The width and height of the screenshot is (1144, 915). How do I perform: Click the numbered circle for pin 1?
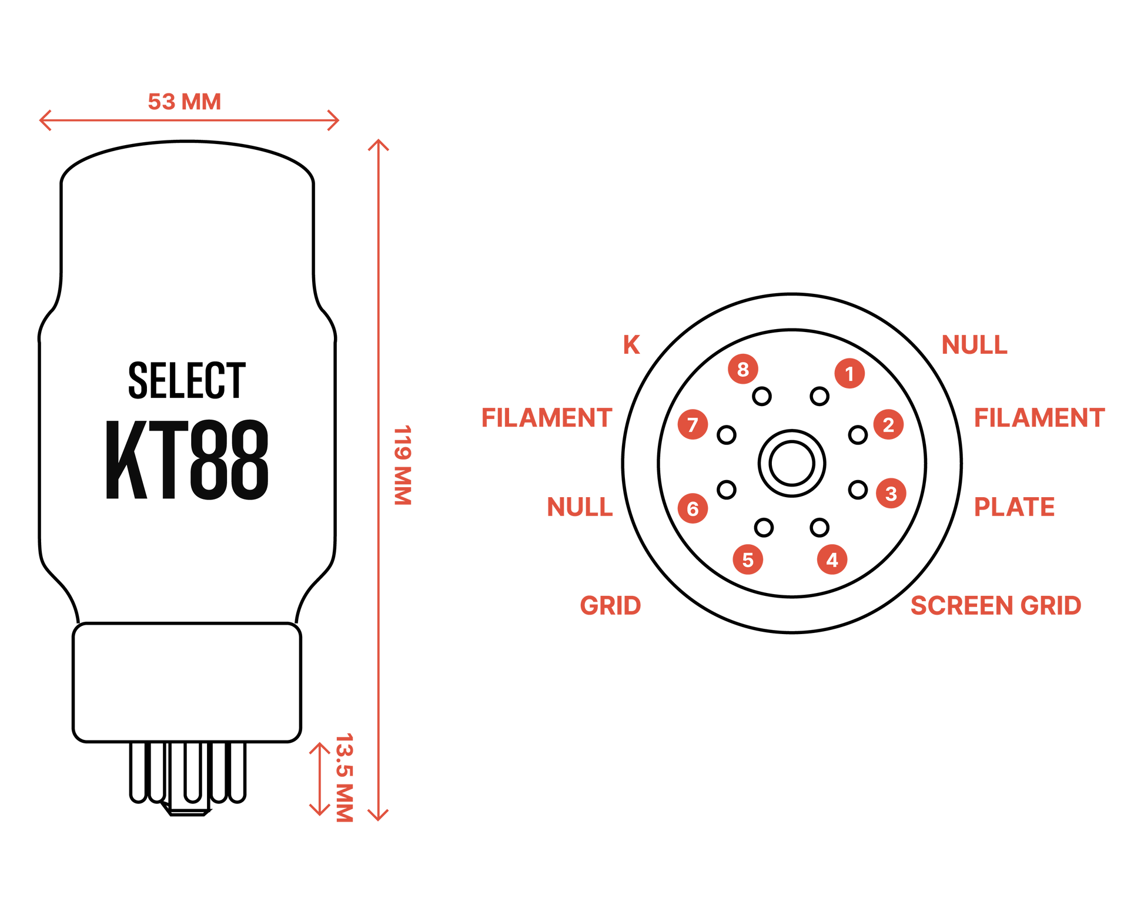(849, 373)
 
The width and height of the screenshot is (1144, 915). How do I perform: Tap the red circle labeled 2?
(888, 424)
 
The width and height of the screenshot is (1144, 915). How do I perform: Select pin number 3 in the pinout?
(891, 493)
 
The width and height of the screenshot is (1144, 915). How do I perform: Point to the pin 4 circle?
(832, 559)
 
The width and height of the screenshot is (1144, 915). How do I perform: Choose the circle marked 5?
(748, 559)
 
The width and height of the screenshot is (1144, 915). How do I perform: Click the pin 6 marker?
(693, 508)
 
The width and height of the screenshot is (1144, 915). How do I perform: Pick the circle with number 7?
(693, 424)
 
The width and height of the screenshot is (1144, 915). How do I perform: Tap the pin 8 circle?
(743, 369)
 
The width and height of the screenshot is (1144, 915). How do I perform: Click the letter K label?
(632, 344)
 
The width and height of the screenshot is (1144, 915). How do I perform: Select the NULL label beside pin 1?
(974, 344)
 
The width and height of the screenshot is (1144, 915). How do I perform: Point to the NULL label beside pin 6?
(580, 507)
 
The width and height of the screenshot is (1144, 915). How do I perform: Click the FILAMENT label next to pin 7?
(547, 418)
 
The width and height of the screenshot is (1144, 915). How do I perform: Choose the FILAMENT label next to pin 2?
(1039, 418)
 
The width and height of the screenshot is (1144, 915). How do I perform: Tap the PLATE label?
(1014, 507)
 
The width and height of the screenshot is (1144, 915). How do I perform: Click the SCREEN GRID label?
(995, 606)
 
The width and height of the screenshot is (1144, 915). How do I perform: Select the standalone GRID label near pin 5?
(610, 606)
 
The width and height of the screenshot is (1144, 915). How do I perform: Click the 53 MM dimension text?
(184, 102)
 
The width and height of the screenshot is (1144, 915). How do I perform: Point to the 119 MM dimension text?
(403, 464)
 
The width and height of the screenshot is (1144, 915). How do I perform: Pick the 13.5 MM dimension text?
(344, 777)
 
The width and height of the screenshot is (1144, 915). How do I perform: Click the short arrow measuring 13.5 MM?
(320, 779)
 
